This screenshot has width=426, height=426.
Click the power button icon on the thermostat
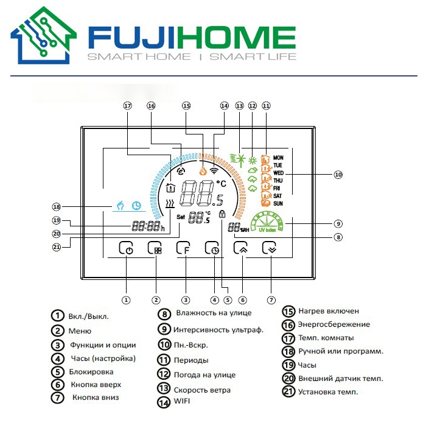pos(126,248)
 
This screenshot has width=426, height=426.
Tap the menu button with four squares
pos(155,248)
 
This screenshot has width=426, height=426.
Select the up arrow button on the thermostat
pos(241,248)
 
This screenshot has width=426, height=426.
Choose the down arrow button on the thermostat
pos(269,248)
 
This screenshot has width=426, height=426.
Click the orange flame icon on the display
pos(203,170)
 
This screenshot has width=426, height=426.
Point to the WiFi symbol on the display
pos(214,170)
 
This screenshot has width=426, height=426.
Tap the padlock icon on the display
pos(222,214)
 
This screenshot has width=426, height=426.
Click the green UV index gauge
pos(267,222)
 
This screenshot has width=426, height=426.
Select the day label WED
pos(279,173)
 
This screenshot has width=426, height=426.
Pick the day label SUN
pos(278,203)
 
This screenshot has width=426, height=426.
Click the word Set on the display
pos(181,217)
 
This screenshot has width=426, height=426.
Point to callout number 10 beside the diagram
pos(338,175)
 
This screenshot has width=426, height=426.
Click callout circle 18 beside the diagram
pos(56,207)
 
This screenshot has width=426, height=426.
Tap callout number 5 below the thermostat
pos(228,300)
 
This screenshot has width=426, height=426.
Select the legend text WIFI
pos(182,401)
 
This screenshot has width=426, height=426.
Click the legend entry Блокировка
pos(91,372)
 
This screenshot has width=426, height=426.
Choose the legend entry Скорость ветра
pos(202,390)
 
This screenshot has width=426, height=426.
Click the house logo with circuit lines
pos(43,35)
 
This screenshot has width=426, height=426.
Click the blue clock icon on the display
pos(137,206)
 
